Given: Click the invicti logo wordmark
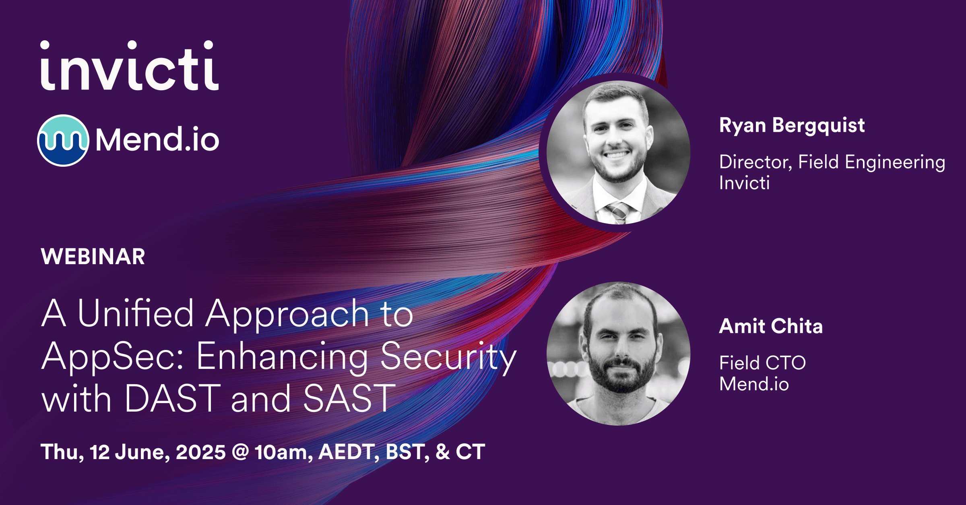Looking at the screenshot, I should coord(129,66).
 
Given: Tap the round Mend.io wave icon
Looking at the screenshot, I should coord(63,140).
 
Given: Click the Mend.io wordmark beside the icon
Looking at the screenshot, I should coord(157,140).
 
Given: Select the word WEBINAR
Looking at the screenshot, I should coord(93,257).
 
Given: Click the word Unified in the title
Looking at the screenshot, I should coord(136,314).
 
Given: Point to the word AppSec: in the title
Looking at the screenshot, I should coord(113,356).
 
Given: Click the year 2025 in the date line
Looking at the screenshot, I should coord(200,452).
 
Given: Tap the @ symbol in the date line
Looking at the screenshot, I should coord(240,452).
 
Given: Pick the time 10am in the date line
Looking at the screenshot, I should coord(283,452).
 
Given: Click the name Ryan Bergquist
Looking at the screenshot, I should coord(792,126).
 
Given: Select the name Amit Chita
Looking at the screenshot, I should coord(771,326).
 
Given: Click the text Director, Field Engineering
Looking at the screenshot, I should coord(832,162).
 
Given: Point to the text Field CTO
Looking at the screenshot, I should coord(762,363).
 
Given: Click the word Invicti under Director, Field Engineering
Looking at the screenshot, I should coord(744,183).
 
